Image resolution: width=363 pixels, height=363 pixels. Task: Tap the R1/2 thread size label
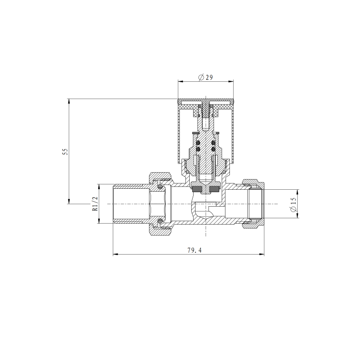(x=95, y=203)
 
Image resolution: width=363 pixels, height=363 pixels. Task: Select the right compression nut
(x=253, y=204)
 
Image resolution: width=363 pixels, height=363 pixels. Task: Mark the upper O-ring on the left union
(x=161, y=185)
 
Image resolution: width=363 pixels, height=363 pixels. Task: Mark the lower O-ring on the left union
(x=161, y=222)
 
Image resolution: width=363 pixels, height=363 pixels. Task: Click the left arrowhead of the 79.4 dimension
(x=115, y=254)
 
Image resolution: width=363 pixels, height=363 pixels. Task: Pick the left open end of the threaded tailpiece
(x=114, y=204)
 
